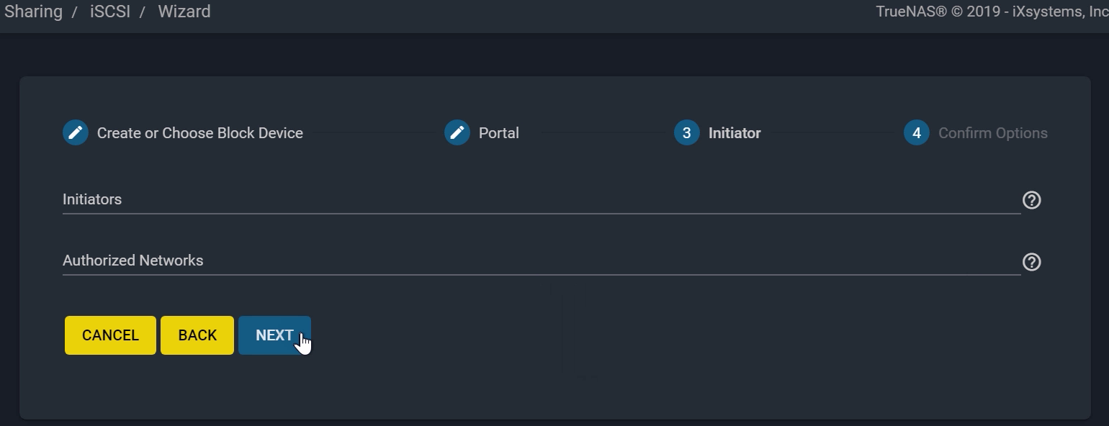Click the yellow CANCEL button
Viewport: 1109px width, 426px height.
[110, 335]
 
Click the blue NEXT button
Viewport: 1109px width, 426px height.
[274, 335]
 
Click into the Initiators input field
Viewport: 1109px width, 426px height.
[541, 200]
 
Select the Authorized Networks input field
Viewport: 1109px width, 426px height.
[541, 261]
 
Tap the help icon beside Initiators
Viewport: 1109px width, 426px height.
[1032, 200]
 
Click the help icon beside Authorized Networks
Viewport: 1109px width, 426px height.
[1032, 262]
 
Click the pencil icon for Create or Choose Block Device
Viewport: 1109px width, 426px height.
[75, 132]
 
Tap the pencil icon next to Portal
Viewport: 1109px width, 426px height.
[457, 132]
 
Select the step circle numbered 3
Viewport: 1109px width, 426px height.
[687, 132]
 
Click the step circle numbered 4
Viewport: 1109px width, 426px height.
[917, 132]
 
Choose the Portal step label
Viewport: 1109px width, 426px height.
[498, 133]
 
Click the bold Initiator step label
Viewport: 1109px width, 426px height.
[735, 133]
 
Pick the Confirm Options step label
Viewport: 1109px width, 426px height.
[992, 133]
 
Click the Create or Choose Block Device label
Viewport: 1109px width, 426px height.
[200, 133]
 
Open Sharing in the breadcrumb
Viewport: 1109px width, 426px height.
[33, 12]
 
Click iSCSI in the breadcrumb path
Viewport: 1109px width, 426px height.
[110, 12]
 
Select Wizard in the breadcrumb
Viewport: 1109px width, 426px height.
[184, 12]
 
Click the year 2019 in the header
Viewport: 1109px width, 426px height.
[983, 12]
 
